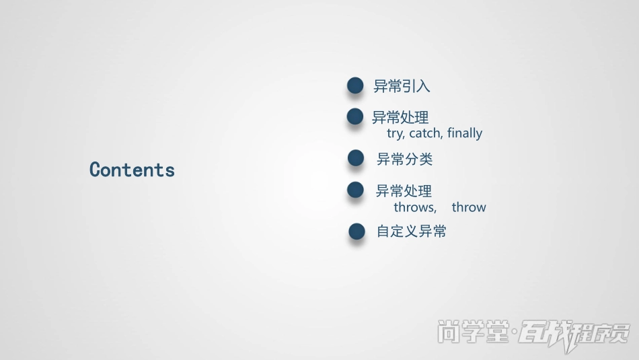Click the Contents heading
coord(132,170)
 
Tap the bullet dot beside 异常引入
coord(355,85)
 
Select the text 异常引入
coord(402,86)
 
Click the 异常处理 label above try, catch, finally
coord(400,118)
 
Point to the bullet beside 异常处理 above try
coord(355,117)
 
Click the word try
coord(396,133)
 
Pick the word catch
coord(426,133)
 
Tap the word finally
coord(465,133)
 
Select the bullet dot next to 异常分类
coord(355,158)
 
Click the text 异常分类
coord(404,159)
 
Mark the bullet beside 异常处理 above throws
coord(355,190)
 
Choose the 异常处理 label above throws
coord(404,191)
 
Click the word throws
coord(414,207)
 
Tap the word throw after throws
coord(469,207)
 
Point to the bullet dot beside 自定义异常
coord(356,231)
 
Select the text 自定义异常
coord(412,231)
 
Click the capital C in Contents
coord(96,170)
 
